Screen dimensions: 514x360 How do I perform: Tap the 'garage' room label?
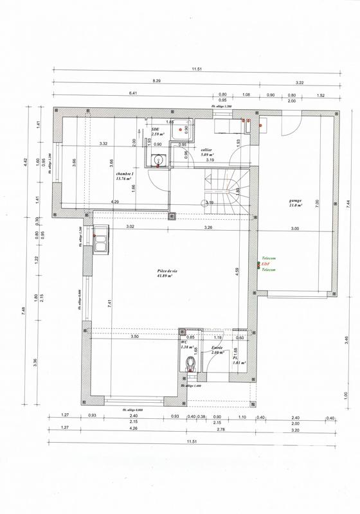tap(296, 200)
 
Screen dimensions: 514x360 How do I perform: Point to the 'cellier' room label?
tap(207, 150)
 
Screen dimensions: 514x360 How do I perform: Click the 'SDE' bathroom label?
tap(155, 129)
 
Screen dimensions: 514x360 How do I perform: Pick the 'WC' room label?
tap(184, 343)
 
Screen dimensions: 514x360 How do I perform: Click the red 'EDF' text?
tap(265, 265)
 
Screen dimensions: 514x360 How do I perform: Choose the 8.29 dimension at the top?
tap(156, 82)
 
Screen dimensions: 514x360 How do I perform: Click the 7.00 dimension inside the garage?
tap(316, 202)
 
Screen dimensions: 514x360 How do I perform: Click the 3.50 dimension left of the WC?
tap(134, 337)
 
